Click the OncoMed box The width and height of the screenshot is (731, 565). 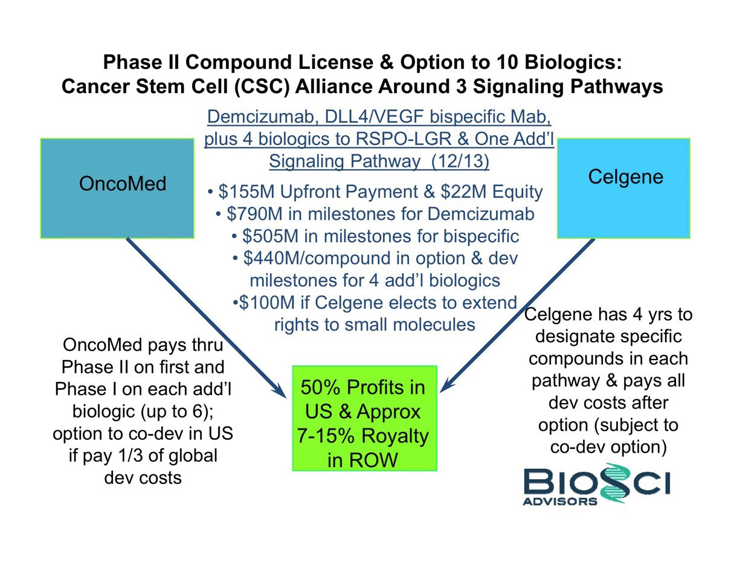(117, 188)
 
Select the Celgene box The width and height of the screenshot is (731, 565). (623, 188)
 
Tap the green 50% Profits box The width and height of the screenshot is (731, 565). (365, 418)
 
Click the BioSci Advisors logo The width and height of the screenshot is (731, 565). (596, 484)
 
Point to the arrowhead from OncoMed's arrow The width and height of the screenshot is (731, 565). (279, 390)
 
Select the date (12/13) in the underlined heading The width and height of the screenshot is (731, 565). (460, 161)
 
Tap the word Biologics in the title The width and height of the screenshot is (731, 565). (569, 63)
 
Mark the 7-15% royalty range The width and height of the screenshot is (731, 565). (326, 436)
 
